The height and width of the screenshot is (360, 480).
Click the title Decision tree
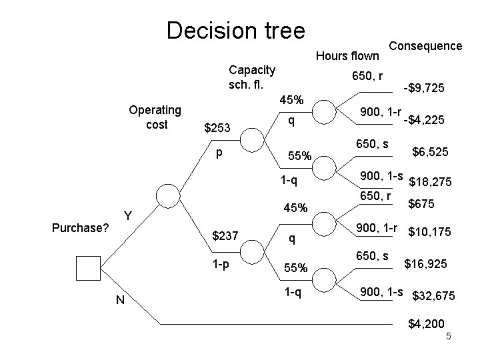[x=235, y=30]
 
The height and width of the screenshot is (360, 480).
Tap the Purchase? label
[x=80, y=228]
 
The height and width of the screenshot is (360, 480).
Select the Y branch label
[x=127, y=216]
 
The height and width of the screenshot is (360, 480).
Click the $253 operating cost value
[x=217, y=128]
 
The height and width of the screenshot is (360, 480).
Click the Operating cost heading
[x=155, y=117]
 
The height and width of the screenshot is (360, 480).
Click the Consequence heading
[x=425, y=45]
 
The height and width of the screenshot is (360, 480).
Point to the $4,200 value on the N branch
[x=426, y=324]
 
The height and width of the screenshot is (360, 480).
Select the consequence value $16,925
[x=431, y=264]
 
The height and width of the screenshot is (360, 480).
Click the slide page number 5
[x=449, y=336]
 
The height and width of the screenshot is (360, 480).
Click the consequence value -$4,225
[x=424, y=121]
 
